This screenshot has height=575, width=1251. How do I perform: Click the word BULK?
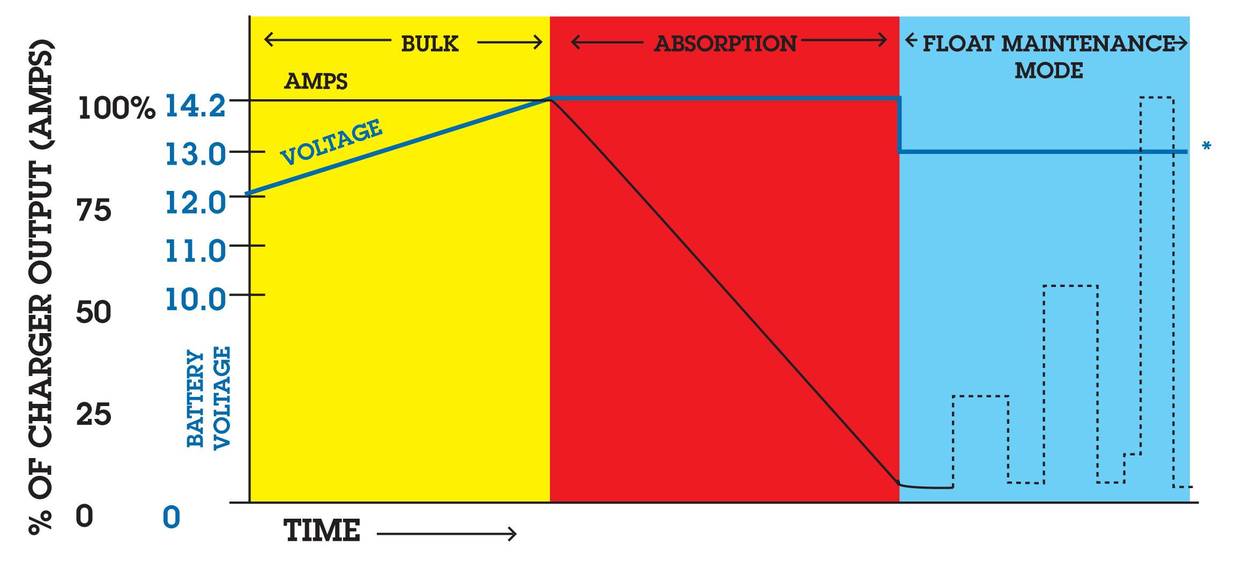click(x=430, y=43)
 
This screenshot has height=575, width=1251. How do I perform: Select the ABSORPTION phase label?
click(x=725, y=43)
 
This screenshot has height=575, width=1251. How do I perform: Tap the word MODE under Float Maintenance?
click(x=1049, y=70)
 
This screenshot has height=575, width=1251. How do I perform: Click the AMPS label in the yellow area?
click(x=316, y=81)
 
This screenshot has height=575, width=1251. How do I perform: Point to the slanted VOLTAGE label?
click(x=331, y=142)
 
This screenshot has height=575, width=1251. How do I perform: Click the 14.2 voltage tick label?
click(x=195, y=106)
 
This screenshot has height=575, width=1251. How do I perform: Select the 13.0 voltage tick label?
click(x=195, y=154)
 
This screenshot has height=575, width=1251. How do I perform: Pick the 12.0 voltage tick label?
click(x=195, y=203)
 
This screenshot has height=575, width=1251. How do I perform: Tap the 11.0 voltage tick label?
click(x=195, y=251)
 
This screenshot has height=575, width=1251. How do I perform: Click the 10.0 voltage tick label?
click(x=195, y=299)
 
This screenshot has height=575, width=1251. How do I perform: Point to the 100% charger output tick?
click(x=116, y=108)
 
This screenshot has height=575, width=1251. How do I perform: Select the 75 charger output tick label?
click(x=94, y=210)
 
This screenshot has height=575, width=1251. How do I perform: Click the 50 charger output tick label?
click(x=94, y=312)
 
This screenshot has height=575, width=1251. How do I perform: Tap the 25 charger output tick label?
click(x=94, y=414)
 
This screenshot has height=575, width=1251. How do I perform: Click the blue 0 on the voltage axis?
click(x=172, y=517)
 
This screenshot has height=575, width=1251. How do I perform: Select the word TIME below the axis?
click(x=322, y=530)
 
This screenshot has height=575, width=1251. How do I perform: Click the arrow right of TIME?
click(x=446, y=534)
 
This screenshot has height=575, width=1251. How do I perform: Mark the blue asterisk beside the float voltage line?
click(x=1207, y=145)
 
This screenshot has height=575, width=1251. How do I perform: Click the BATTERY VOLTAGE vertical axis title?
click(x=208, y=398)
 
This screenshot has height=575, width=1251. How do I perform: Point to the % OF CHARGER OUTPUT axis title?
click(x=41, y=287)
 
